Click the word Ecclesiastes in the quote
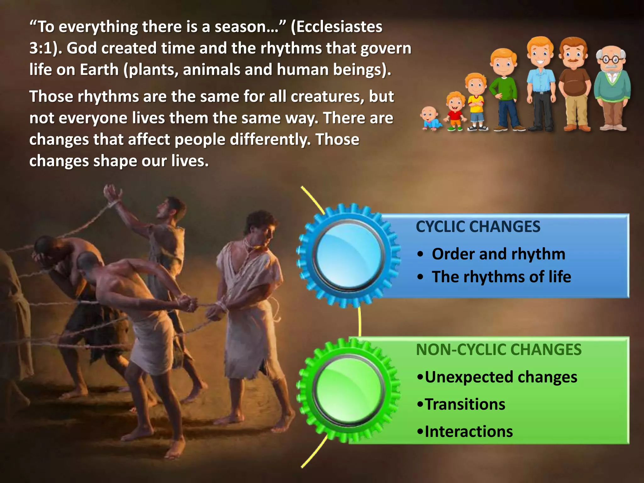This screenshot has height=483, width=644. (x=340, y=27)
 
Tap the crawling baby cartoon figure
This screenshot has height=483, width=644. (x=430, y=118)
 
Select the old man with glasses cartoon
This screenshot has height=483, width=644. (x=612, y=88)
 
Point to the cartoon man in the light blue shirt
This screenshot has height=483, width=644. (x=540, y=83)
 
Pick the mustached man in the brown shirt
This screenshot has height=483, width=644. (x=574, y=83)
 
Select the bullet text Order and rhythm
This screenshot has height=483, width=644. (x=498, y=254)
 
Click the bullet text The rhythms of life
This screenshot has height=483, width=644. (x=501, y=277)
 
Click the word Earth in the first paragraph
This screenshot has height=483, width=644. (x=99, y=70)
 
